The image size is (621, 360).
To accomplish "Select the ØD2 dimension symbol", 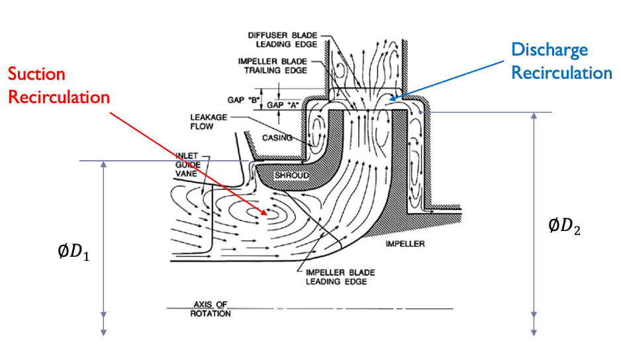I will point(565,227).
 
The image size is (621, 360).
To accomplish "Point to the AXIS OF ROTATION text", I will point(211,309).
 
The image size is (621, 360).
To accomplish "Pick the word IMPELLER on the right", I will point(405,245).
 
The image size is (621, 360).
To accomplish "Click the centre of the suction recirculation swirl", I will point(258,212).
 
